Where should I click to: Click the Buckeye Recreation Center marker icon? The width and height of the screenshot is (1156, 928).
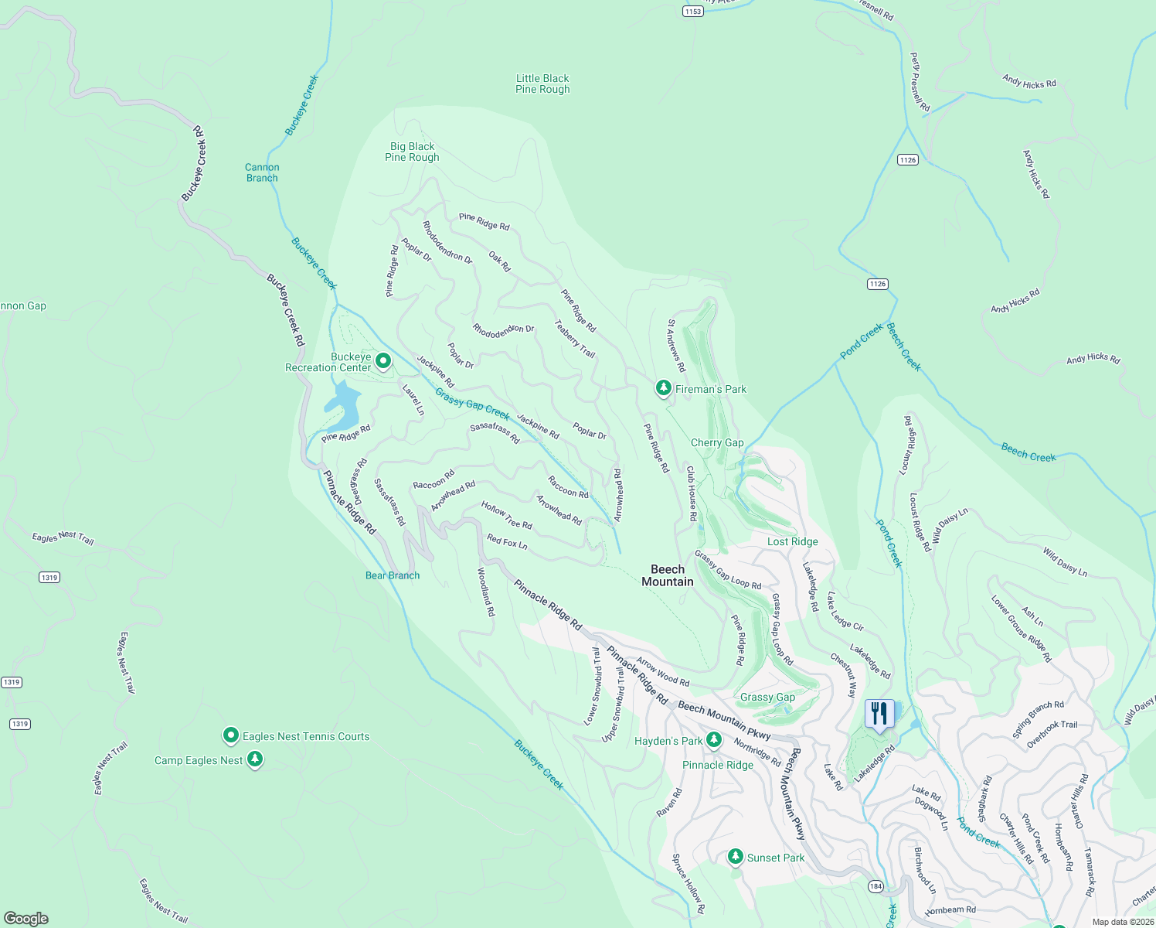[382, 361]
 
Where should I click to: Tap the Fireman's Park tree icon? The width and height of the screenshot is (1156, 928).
[663, 388]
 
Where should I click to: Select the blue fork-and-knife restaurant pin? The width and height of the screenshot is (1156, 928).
[879, 714]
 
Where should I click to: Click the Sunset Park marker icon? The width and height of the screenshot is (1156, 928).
[736, 857]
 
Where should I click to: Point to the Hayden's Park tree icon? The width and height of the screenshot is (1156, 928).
[714, 740]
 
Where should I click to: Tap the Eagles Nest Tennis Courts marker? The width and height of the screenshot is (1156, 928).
[230, 735]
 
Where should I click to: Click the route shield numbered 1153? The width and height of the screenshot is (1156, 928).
[693, 11]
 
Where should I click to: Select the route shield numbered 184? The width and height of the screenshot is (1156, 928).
[875, 886]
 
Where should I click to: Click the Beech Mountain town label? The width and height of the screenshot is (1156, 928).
[668, 575]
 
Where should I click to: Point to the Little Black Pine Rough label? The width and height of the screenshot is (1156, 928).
[542, 84]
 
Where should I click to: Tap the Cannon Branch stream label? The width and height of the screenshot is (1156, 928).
[262, 172]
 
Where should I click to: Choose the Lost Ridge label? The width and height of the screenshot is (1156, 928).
[792, 541]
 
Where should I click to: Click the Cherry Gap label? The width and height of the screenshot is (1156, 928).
[717, 442]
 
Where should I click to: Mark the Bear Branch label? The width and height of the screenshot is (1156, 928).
[393, 575]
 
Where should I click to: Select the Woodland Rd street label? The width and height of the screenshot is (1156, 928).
[485, 592]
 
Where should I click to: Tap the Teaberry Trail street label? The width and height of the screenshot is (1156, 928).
[575, 339]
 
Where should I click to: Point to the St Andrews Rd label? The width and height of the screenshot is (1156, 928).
[676, 346]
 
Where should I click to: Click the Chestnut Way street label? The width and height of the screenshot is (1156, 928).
[844, 675]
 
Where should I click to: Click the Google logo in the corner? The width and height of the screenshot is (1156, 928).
[26, 918]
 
